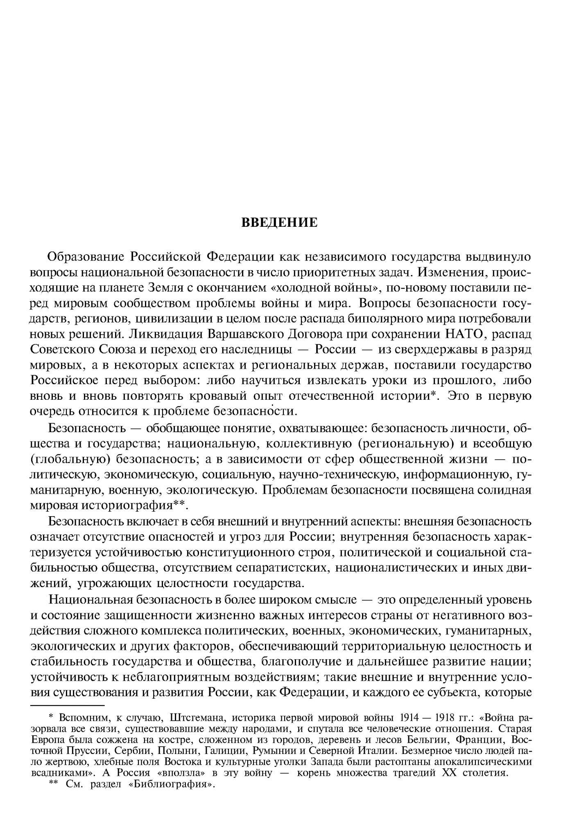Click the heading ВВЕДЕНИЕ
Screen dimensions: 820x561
tap(280, 223)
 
